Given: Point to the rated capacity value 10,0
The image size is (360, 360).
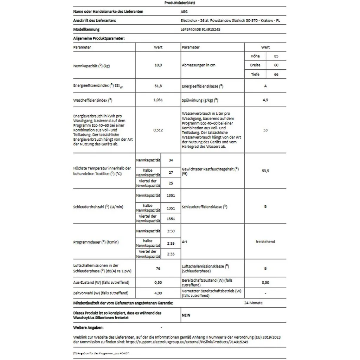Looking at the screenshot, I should coord(158,65).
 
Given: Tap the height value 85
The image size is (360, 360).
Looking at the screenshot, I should coord(276,56).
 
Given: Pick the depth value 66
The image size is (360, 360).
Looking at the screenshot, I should coord(276,75).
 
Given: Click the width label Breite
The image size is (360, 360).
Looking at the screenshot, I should coord(255,65).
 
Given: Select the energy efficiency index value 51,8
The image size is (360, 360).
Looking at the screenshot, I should coord(158,86).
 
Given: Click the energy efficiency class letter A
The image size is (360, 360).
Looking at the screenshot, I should coord(265,86).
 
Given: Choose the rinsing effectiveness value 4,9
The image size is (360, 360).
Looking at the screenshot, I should coord(265,100).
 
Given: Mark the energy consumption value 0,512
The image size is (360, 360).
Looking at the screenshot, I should coord(158,130).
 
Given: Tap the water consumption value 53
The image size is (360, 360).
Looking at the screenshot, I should coord(265,130).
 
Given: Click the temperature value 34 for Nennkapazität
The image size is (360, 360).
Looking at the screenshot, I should coord(171,160).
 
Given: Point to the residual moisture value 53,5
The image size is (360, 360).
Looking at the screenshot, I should coord(265,171).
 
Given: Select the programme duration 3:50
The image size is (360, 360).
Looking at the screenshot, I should coord(171,231).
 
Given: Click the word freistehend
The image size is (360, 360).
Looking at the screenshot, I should coord(265,242).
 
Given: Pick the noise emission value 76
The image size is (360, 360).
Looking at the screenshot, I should coord(158,269).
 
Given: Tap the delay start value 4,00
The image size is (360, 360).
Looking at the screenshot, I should coord(158,293).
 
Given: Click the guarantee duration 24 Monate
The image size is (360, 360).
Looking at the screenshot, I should coord(253,303).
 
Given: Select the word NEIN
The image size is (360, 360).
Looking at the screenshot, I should coord(186,315).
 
